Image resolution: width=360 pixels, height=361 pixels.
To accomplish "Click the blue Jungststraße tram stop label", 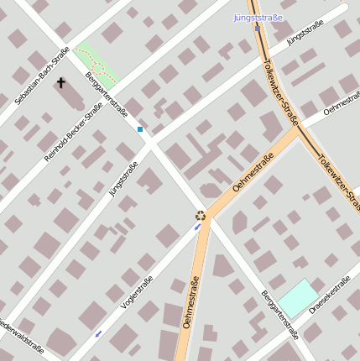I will (x=258, y=17).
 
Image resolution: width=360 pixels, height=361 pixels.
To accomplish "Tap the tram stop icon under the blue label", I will (x=258, y=27).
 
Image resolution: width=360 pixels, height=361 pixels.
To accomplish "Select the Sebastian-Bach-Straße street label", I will (x=42, y=76).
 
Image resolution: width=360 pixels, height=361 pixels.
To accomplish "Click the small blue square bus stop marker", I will (x=140, y=129).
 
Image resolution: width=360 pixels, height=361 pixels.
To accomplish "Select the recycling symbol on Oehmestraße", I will (x=201, y=215).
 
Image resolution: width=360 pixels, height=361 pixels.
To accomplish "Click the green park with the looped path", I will (x=96, y=63).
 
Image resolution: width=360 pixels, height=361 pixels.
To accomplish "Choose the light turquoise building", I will (x=298, y=298).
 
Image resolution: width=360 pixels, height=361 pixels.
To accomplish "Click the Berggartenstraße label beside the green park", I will (x=107, y=96).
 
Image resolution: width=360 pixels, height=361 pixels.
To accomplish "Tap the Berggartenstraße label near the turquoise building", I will (x=279, y=314).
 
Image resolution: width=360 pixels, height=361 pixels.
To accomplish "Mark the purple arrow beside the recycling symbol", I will (x=198, y=227).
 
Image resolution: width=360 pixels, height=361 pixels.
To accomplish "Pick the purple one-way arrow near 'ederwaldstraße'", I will (x=98, y=333).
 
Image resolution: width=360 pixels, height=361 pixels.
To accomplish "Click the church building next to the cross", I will (x=70, y=97).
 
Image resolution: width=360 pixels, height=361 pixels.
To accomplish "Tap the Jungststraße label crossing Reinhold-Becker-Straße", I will (x=123, y=179).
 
